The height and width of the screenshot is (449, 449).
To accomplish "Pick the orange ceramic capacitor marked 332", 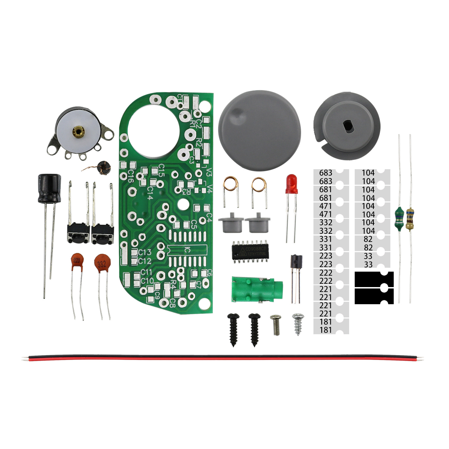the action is point(102,263).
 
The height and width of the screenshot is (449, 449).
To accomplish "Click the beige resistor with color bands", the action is point(410,219).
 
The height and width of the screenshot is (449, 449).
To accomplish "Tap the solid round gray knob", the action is point(260,130).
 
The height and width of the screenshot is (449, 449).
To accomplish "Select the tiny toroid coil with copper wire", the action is point(103,168).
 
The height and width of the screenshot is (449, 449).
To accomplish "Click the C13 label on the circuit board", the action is point(145,252).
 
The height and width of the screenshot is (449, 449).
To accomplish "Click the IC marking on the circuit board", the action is point(187,249).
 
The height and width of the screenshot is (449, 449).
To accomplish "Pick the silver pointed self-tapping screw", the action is point(298,324).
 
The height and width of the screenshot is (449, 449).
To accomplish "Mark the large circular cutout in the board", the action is point(154,131).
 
